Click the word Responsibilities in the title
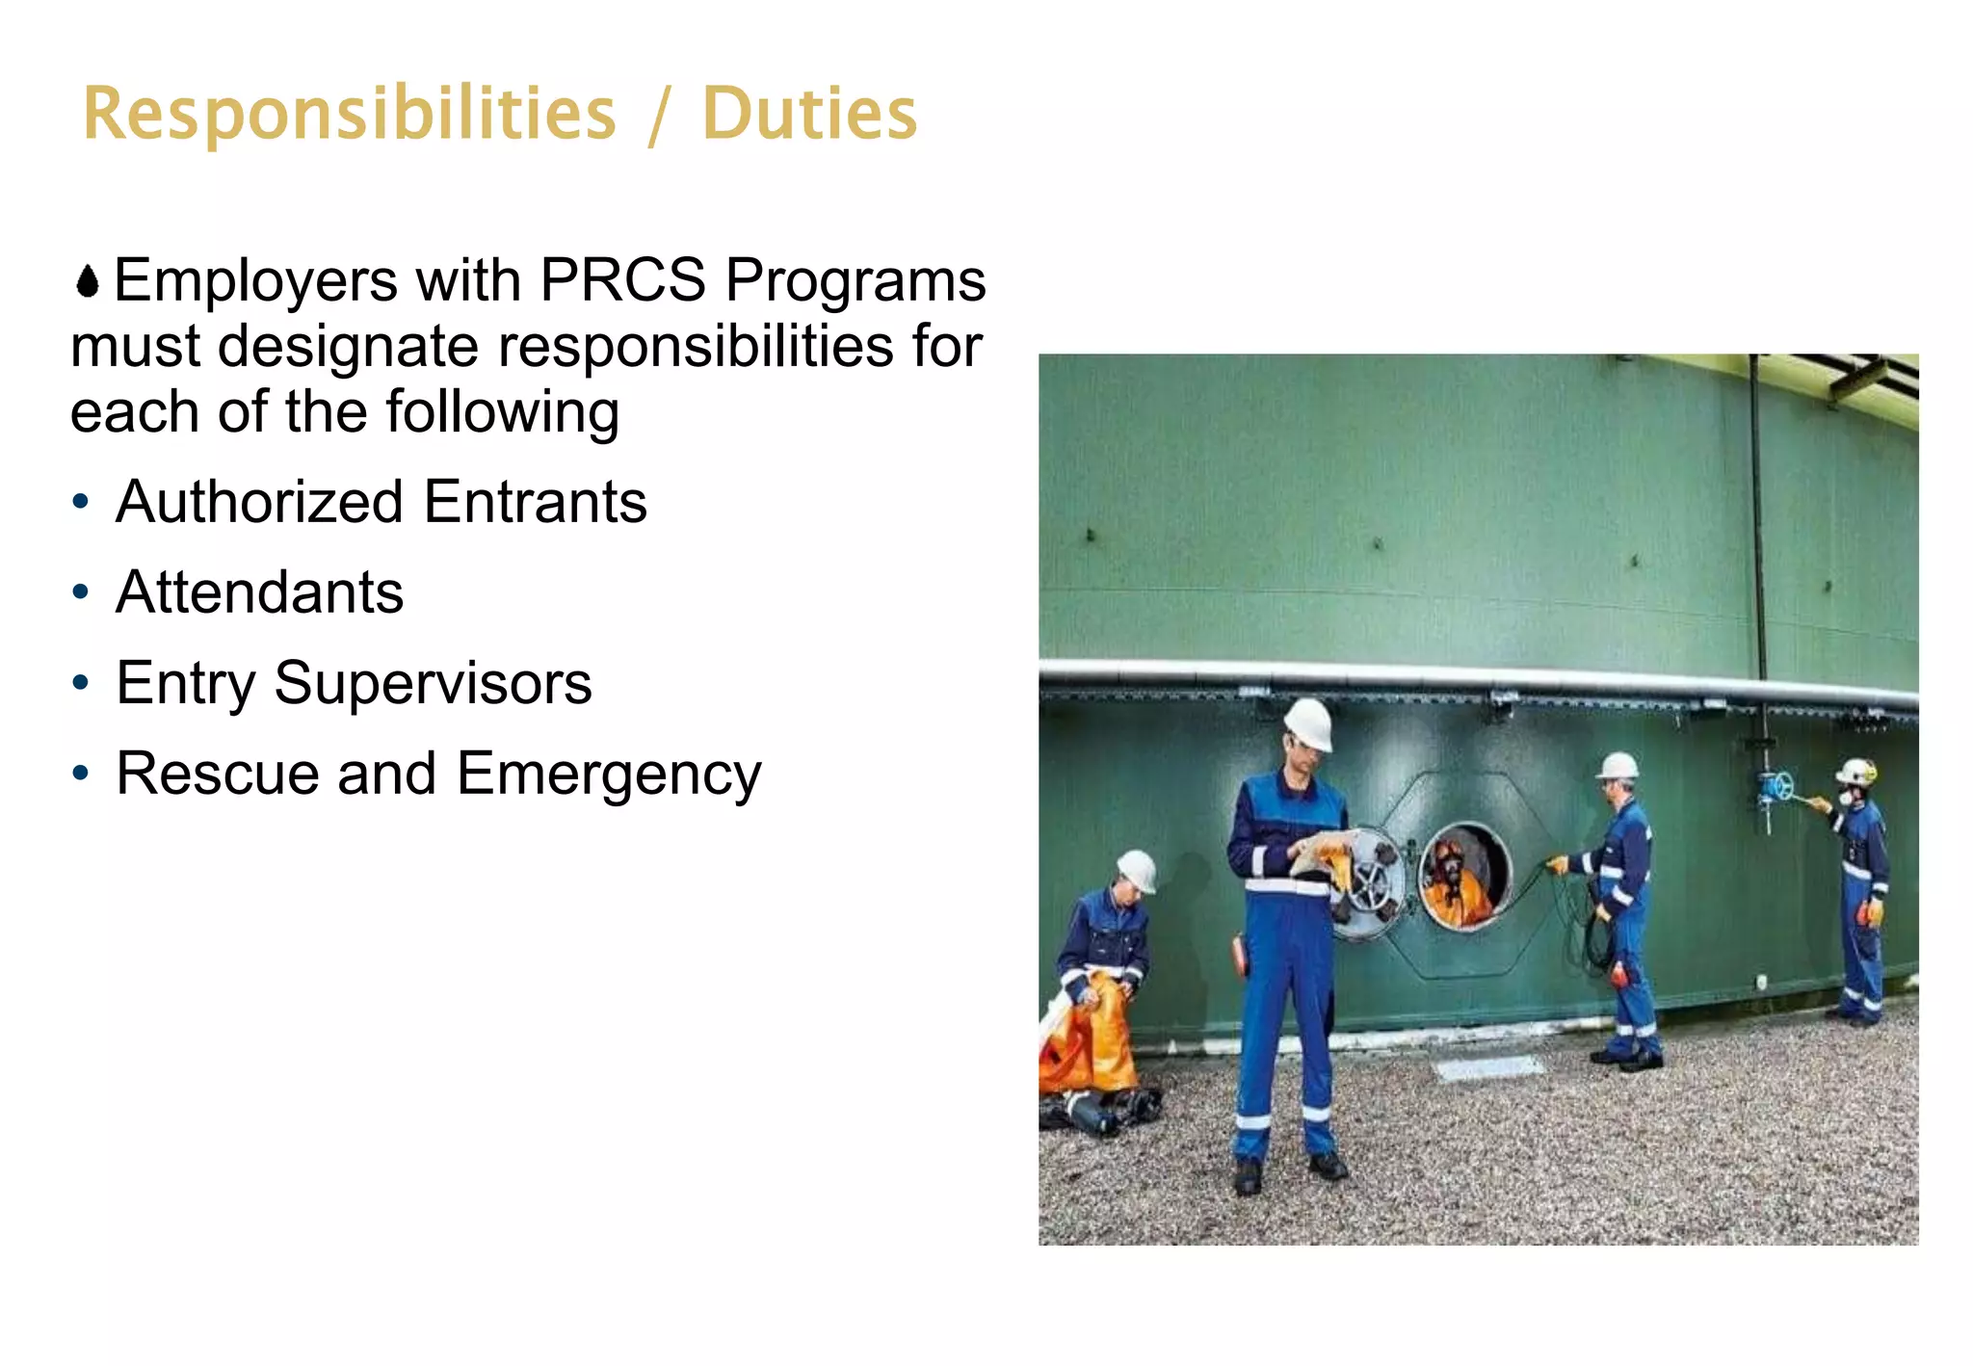tap(349, 115)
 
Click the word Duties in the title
tap(809, 115)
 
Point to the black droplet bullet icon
tap(88, 282)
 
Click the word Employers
tap(255, 281)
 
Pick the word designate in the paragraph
tap(348, 347)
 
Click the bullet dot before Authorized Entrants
tap(81, 502)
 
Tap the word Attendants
tap(259, 591)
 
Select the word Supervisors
tap(433, 683)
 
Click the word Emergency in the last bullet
tap(609, 775)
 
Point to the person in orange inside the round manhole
tap(1455, 881)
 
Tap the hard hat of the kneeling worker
tap(1138, 870)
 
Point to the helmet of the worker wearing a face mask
tap(1856, 772)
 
